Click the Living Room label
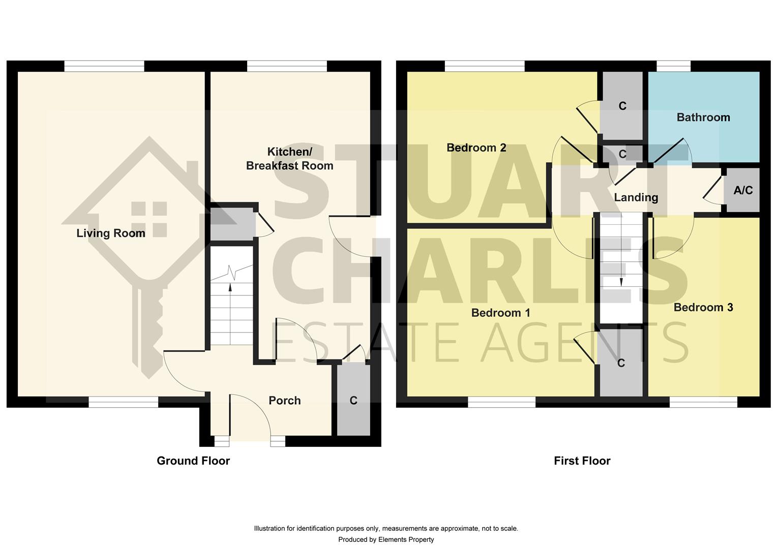point(111,233)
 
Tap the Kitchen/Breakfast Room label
point(289,159)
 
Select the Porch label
point(284,401)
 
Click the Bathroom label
point(703,117)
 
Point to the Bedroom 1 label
point(500,313)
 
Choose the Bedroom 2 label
point(476,148)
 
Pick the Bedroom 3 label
point(703,308)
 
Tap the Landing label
point(636,197)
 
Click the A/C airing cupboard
point(742,191)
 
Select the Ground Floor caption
point(193,461)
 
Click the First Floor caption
point(582,461)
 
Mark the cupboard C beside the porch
point(353,401)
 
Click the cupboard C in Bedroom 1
point(620,363)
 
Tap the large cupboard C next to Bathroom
point(622,106)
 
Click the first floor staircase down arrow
point(621,281)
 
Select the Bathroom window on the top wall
point(674,66)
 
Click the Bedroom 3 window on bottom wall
point(703,403)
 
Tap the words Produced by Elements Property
point(386,539)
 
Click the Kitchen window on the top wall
point(287,66)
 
